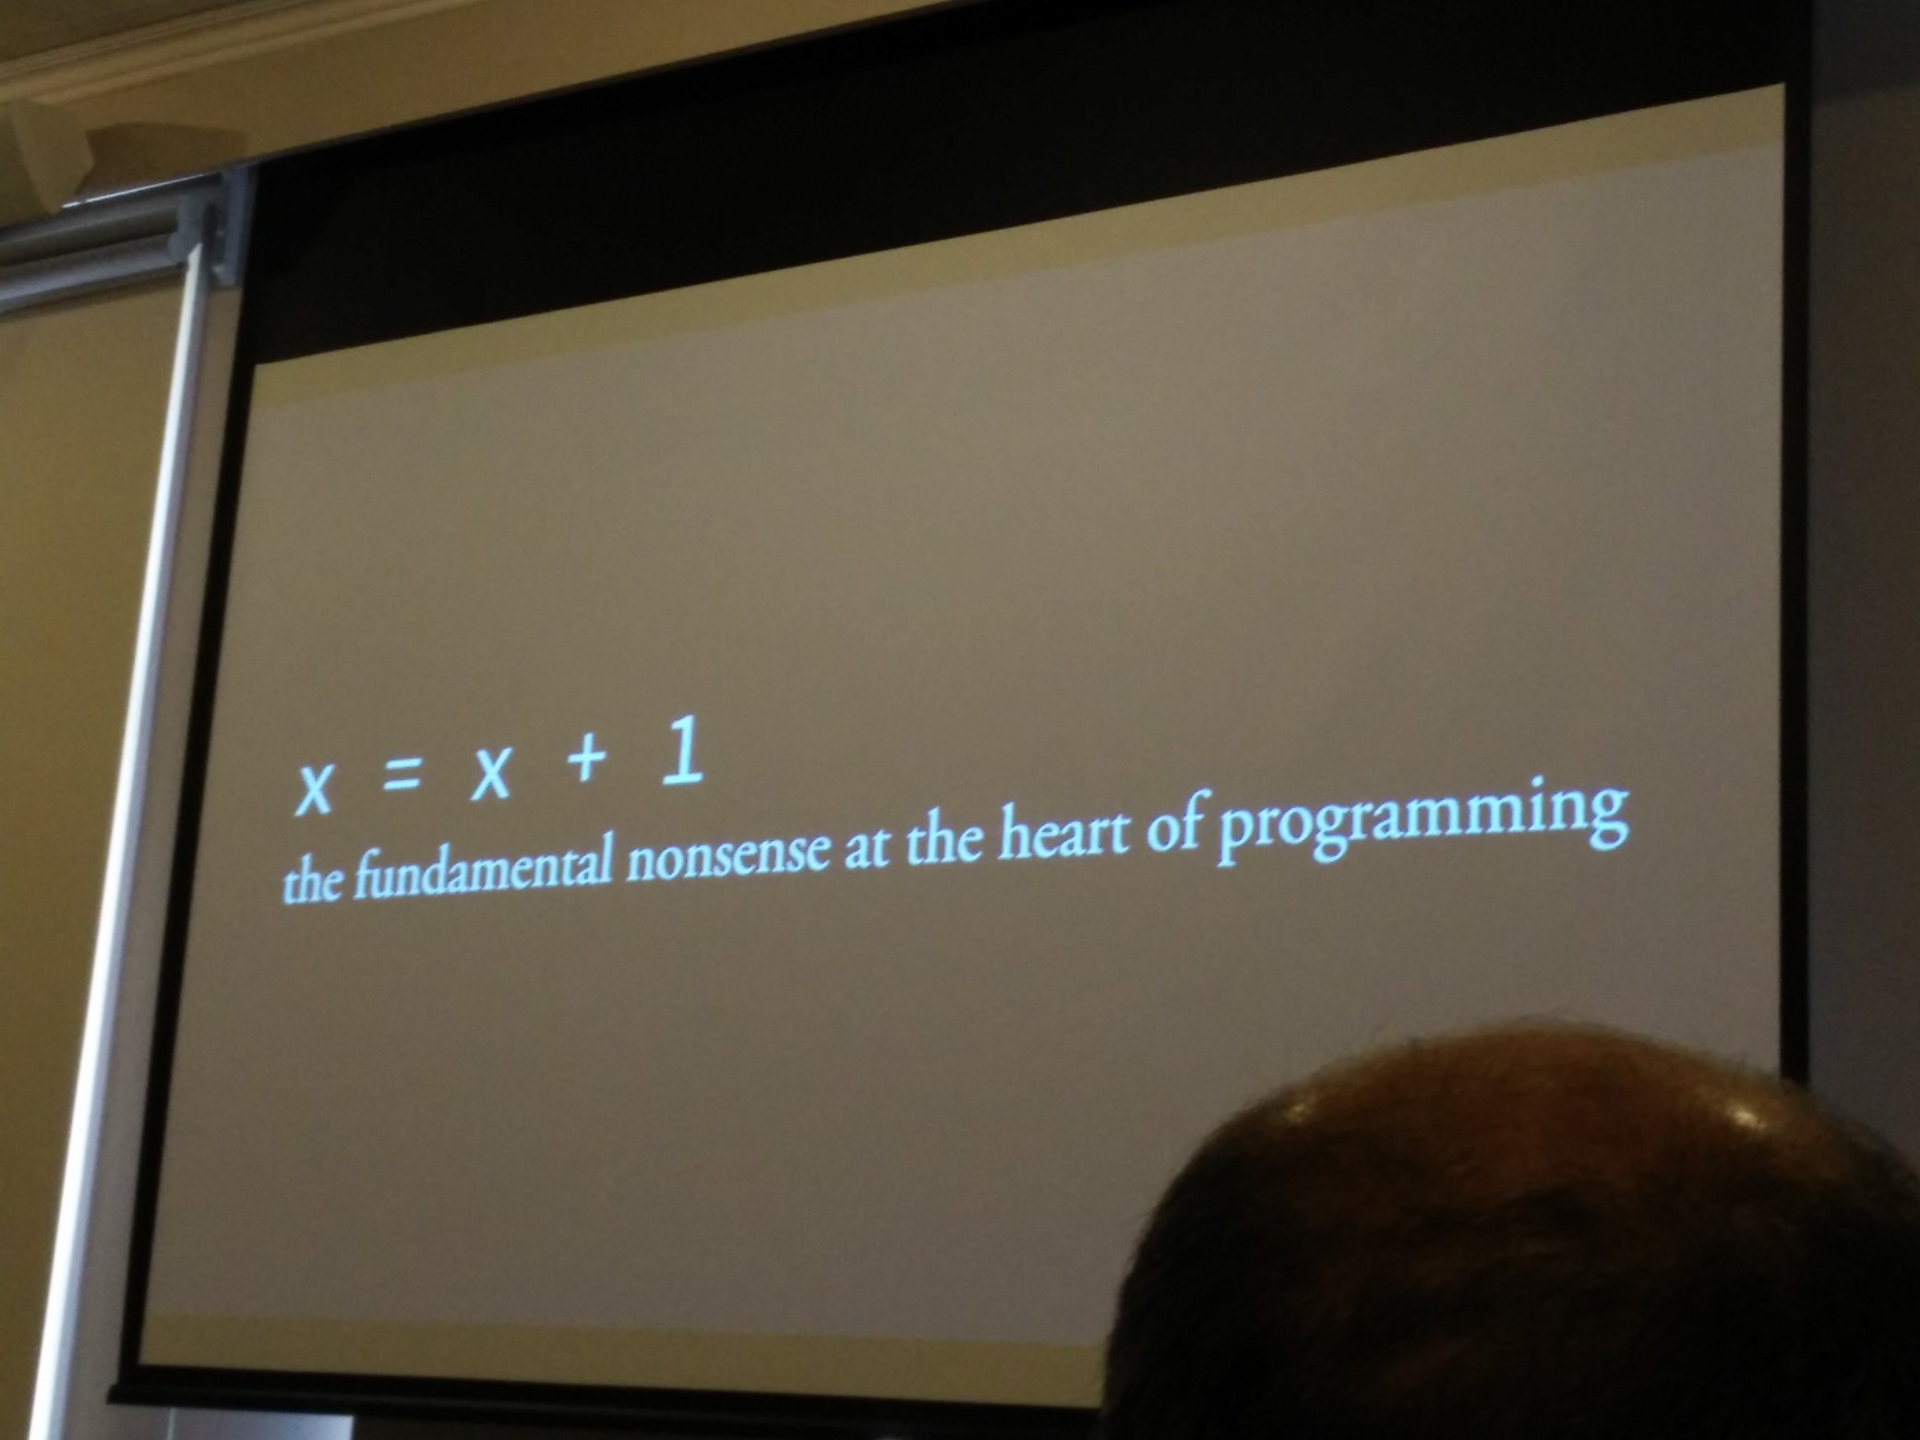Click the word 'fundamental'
480,870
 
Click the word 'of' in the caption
1182,819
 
